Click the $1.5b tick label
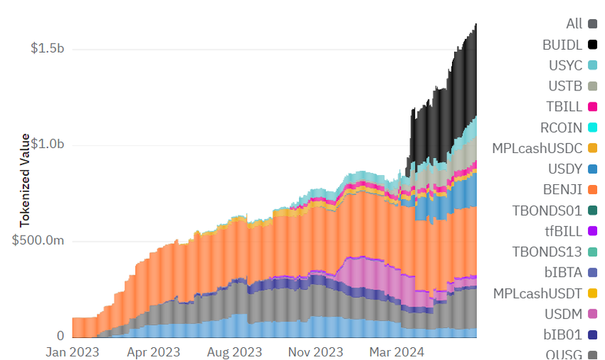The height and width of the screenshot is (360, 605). [x=47, y=48]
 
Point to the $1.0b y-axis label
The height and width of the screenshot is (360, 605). [x=47, y=144]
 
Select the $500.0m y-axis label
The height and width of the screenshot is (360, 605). [x=38, y=240]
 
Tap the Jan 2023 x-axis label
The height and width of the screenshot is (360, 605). [x=72, y=351]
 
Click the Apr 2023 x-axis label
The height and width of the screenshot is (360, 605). [x=153, y=351]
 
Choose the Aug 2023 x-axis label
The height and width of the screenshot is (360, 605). [x=235, y=351]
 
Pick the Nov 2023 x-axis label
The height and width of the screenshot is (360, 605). [x=316, y=351]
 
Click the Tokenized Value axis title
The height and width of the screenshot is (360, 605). [x=25, y=181]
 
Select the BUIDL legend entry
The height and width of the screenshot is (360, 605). [x=562, y=45]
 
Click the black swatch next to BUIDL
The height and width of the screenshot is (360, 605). [x=592, y=45]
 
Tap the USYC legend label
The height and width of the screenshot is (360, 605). [x=565, y=65]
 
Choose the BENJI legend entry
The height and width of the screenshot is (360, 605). [x=562, y=190]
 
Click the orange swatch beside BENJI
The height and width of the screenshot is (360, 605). [x=592, y=190]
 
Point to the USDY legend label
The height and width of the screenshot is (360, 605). [x=565, y=169]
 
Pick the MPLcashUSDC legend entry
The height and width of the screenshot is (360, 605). [x=537, y=149]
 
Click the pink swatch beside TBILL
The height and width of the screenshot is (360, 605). [x=592, y=107]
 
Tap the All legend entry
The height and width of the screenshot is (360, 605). [x=574, y=24]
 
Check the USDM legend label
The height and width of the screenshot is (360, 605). [x=564, y=314]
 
